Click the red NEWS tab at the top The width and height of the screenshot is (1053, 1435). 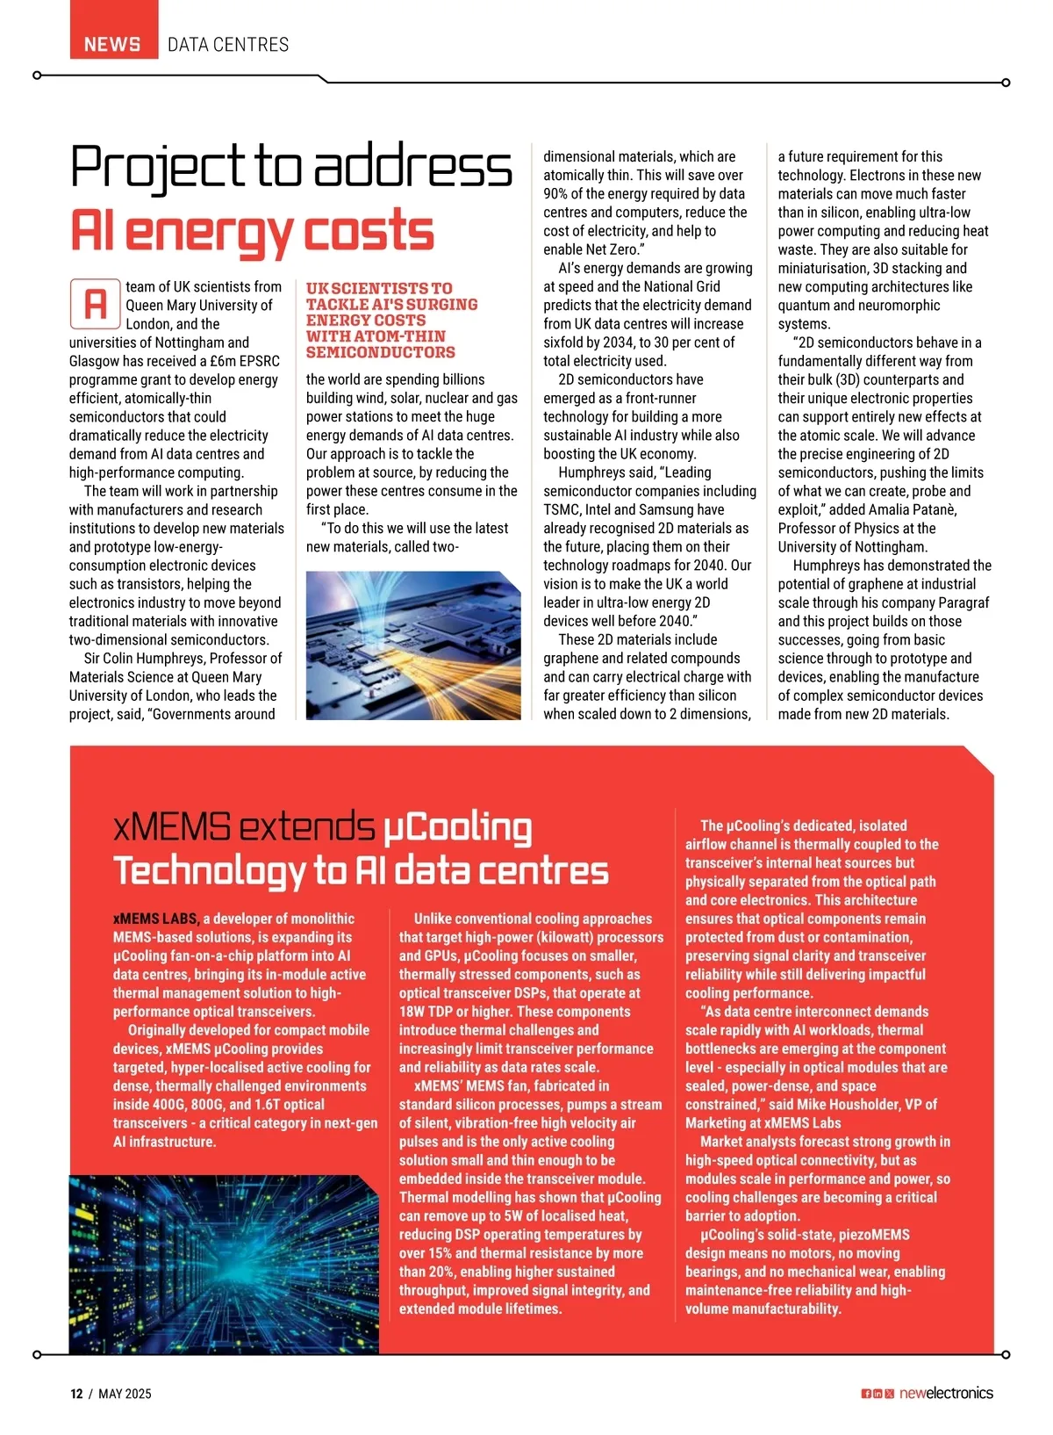pyautogui.click(x=112, y=44)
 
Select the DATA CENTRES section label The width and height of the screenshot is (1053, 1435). pyautogui.click(x=228, y=44)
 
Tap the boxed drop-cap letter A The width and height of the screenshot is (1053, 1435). pyautogui.click(x=95, y=304)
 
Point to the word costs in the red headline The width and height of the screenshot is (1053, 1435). pyautogui.click(x=369, y=231)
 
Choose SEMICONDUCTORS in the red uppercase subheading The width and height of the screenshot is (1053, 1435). pyautogui.click(x=380, y=352)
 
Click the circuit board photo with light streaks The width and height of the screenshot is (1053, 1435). pyautogui.click(x=412, y=645)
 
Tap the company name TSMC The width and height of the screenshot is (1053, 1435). pyautogui.click(x=562, y=509)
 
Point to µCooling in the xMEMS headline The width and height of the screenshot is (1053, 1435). pyautogui.click(x=457, y=828)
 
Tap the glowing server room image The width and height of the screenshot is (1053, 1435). pyautogui.click(x=224, y=1265)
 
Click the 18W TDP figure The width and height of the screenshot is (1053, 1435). pyautogui.click(x=432, y=1012)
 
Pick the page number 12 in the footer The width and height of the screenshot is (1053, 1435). pyautogui.click(x=76, y=1394)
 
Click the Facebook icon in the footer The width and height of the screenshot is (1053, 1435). pyautogui.click(x=866, y=1394)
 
